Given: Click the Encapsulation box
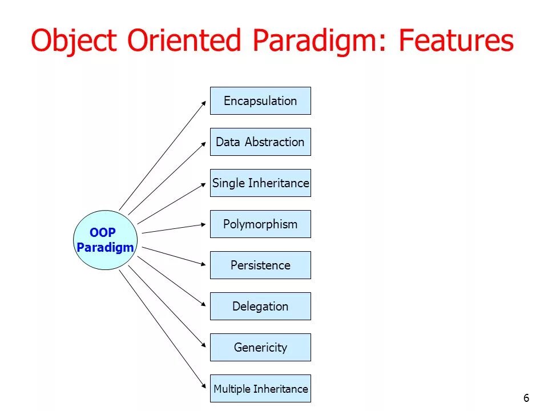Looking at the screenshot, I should (x=260, y=101).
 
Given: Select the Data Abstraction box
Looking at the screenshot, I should (x=260, y=142).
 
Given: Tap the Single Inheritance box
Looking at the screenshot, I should (x=260, y=183).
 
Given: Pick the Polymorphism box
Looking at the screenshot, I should (x=260, y=224).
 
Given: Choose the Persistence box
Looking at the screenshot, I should (x=260, y=265).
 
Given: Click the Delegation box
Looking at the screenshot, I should (x=260, y=307).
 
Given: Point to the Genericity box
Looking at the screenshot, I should (x=260, y=348).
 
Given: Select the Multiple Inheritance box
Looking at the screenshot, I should (x=260, y=389).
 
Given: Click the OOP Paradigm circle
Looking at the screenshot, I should (x=106, y=240).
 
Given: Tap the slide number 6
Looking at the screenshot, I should (x=526, y=398).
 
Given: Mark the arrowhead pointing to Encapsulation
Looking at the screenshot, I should (x=203, y=103).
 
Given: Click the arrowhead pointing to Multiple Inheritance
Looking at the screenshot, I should (x=203, y=386).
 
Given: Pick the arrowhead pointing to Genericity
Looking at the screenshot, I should (x=203, y=345).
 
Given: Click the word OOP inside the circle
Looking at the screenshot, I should (x=103, y=233).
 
